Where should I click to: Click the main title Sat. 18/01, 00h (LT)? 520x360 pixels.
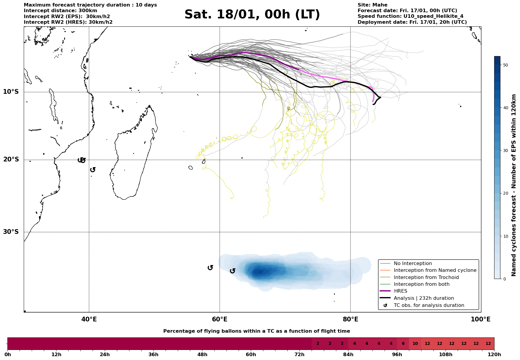click(x=252, y=15)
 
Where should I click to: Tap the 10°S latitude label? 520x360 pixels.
click(x=11, y=92)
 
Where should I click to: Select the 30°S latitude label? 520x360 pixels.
click(x=11, y=232)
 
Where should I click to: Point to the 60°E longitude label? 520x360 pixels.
click(x=220, y=319)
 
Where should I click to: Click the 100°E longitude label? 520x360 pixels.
click(x=481, y=319)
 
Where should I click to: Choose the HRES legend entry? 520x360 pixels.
click(x=400, y=291)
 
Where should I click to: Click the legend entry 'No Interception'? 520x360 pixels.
click(x=413, y=264)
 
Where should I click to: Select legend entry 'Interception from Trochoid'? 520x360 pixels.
click(x=426, y=277)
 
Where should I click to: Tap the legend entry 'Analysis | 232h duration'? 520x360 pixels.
click(x=424, y=298)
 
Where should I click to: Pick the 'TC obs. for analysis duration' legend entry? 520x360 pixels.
click(x=429, y=305)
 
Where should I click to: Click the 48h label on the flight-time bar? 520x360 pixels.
click(x=202, y=354)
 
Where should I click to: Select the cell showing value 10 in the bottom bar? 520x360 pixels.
click(x=415, y=344)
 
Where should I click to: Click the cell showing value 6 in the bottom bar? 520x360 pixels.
click(x=403, y=344)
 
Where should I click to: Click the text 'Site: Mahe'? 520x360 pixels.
click(x=372, y=5)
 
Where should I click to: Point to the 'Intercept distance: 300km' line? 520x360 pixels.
click(x=60, y=11)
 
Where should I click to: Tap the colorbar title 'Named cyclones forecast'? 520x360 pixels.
click(x=514, y=185)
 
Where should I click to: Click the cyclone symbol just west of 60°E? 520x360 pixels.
click(x=210, y=268)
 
